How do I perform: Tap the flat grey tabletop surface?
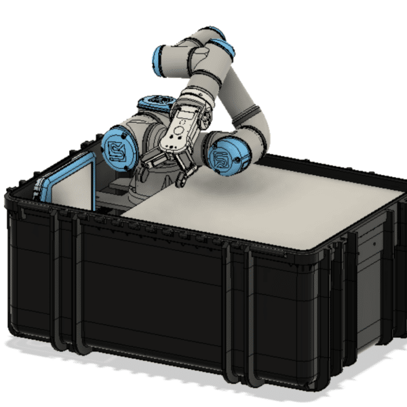pyautogui.click(x=271, y=203)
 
